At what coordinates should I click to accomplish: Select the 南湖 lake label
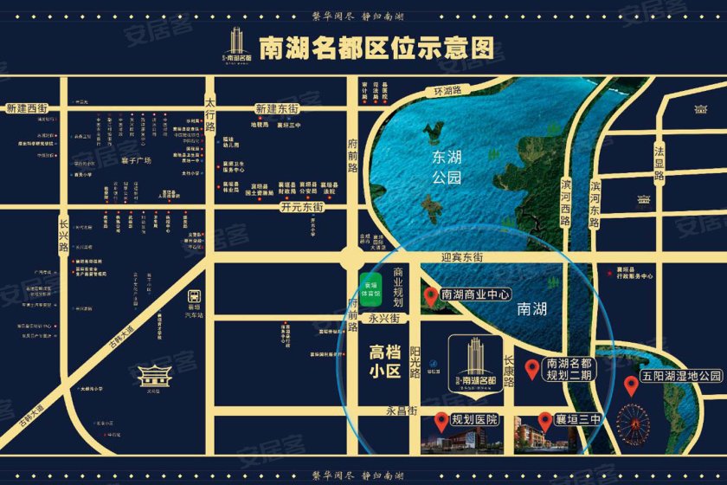click(x=532, y=307)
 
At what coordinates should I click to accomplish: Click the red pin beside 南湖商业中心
click(x=430, y=296)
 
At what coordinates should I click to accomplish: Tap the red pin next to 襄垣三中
click(x=544, y=420)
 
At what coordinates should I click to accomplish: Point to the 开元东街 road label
click(x=301, y=208)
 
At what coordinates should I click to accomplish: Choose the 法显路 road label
click(x=659, y=163)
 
